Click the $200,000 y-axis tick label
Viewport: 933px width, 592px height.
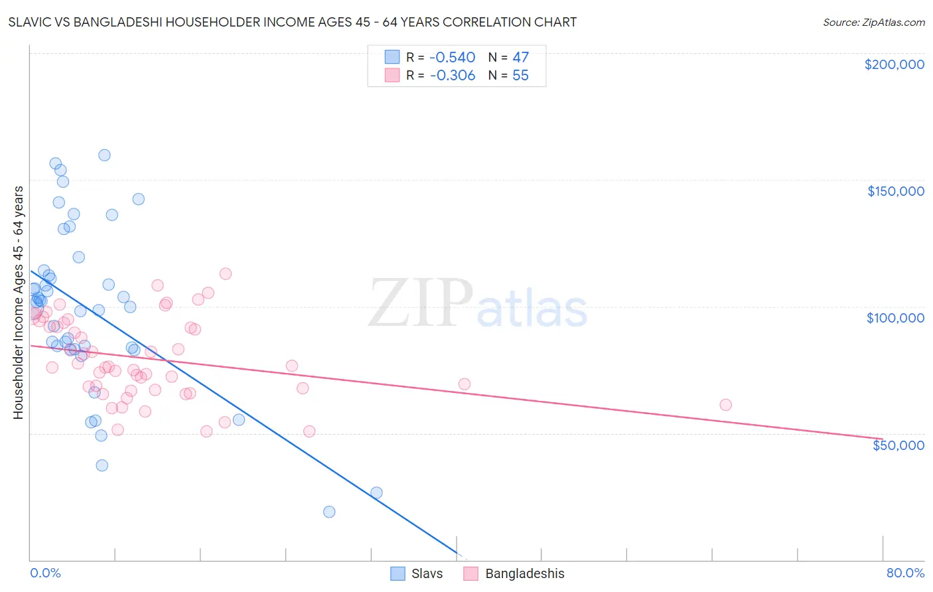coord(894,64)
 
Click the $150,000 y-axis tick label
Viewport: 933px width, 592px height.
coord(895,191)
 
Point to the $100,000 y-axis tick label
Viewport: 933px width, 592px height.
coord(895,318)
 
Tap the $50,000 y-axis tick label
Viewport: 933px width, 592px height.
coord(898,445)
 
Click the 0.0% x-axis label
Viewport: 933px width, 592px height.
coord(45,573)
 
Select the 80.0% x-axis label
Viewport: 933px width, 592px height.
coord(905,573)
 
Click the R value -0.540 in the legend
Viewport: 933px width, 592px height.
coord(453,58)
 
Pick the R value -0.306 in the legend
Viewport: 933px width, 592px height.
coord(453,76)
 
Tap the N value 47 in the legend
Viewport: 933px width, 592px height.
coord(520,58)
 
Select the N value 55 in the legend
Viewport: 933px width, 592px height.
coord(520,76)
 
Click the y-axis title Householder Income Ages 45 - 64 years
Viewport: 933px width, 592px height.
coord(19,302)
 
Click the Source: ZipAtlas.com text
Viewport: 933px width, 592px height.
coord(873,23)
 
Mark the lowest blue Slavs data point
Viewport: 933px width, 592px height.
coord(329,512)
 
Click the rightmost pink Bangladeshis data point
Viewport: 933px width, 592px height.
coord(725,405)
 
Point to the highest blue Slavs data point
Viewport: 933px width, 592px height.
coord(104,155)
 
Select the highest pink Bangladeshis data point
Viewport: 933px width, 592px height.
coord(226,274)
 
